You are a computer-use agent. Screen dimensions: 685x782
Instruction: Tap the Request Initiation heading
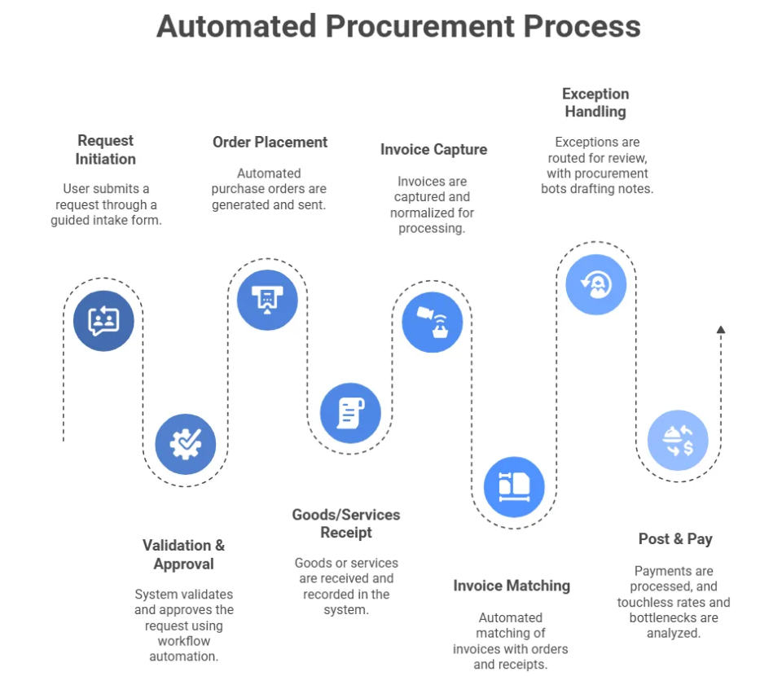click(105, 150)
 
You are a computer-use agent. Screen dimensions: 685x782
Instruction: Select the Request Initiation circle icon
click(103, 321)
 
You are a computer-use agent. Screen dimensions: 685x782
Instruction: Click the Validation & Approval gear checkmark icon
click(186, 444)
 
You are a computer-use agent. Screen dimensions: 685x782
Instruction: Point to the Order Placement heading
click(270, 142)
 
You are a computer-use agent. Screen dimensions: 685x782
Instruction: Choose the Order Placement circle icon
click(267, 299)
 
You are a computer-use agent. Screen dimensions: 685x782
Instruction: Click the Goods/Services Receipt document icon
click(350, 413)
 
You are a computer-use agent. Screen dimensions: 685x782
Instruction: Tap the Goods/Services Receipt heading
click(346, 524)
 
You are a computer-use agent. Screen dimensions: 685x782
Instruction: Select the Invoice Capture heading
click(433, 149)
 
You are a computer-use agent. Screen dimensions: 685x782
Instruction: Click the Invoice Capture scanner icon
click(433, 322)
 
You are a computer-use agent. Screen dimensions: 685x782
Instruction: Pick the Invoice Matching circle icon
click(514, 487)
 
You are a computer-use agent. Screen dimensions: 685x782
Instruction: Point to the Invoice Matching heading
click(512, 586)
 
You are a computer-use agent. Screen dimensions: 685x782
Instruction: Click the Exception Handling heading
click(595, 103)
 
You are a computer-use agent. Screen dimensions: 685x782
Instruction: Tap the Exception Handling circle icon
click(596, 284)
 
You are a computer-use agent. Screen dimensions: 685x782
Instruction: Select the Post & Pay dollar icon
click(678, 441)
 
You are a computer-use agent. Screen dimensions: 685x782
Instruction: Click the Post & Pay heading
click(675, 538)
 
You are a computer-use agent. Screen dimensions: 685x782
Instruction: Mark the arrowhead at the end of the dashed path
click(720, 330)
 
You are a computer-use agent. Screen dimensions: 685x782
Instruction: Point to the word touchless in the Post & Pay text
click(646, 603)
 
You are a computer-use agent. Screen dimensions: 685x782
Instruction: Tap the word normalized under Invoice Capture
click(420, 213)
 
